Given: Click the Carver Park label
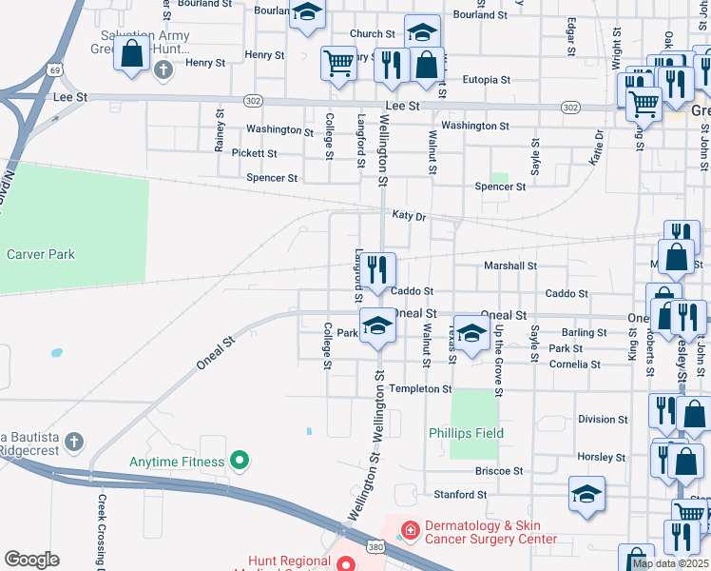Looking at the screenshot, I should (41, 254).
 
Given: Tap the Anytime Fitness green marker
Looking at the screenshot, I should (240, 462).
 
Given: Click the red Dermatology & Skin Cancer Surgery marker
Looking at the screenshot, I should (410, 528).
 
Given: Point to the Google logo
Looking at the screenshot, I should (31, 559).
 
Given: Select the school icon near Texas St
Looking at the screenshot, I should (471, 333).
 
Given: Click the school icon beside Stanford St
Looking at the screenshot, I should (586, 494).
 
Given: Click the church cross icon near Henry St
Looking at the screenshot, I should (163, 69).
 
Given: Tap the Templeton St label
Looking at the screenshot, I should (420, 389).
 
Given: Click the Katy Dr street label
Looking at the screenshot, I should (407, 216).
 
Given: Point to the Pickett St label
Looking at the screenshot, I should (254, 153).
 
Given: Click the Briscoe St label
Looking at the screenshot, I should (499, 471).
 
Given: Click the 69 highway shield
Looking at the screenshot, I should (57, 70).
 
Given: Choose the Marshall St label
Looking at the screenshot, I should (510, 266).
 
